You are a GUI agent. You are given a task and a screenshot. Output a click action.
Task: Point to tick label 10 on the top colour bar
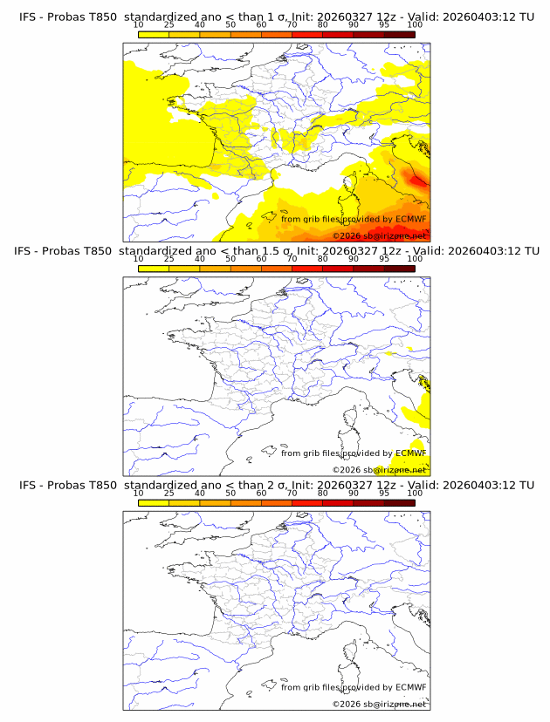tap(138, 25)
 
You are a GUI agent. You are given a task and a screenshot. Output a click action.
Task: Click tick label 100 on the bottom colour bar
tap(415, 493)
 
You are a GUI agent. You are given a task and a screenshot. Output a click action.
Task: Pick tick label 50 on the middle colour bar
tap(230, 259)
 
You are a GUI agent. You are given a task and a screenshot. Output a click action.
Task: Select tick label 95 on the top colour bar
tap(384, 25)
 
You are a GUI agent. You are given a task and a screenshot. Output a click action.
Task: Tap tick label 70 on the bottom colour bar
tap(292, 493)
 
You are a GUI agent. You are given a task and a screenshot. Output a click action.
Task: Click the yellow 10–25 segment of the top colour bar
tap(154, 34)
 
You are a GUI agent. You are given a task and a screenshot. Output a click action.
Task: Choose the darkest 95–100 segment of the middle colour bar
tap(399, 268)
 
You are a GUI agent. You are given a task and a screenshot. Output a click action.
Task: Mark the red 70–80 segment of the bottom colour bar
tap(307, 501)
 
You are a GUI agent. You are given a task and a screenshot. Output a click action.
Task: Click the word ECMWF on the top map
tap(411, 220)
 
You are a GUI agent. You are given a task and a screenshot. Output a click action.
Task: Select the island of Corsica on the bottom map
tap(355, 655)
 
